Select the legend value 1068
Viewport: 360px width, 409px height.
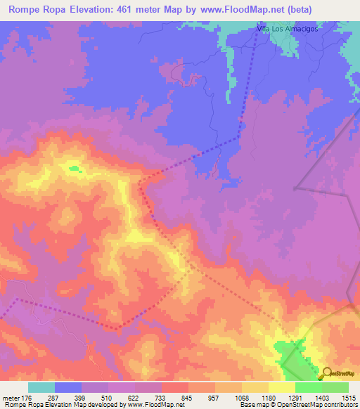point(241,397)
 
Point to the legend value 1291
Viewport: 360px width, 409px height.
point(295,397)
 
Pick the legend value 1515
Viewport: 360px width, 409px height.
point(347,397)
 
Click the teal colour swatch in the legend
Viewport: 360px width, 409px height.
point(41,387)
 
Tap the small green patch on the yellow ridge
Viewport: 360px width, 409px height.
point(73,168)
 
